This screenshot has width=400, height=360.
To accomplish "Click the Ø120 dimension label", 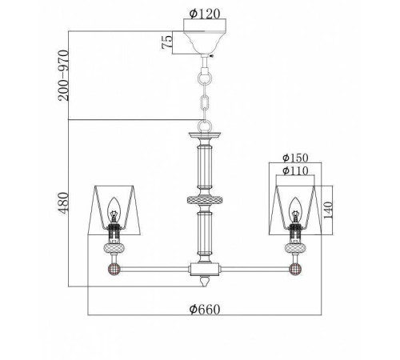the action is (x=205, y=14).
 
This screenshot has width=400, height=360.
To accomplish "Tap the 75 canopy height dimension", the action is (x=167, y=42).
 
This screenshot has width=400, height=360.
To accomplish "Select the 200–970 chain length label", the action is (x=63, y=75).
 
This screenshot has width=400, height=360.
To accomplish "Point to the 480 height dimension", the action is (x=63, y=202).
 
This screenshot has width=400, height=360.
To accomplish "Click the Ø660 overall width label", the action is (x=205, y=310).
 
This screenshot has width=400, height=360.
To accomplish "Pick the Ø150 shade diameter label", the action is (x=295, y=158).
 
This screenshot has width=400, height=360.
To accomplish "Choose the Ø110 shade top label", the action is (x=295, y=170).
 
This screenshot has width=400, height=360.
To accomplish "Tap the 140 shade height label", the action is (x=328, y=210).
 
